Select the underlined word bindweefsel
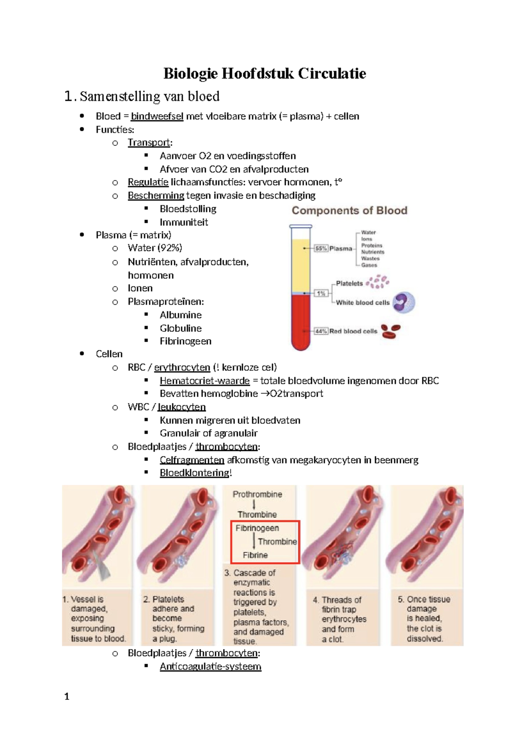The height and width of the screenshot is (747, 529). click(x=157, y=116)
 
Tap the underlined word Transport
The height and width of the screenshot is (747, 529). click(x=149, y=143)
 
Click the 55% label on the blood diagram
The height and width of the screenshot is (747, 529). click(x=321, y=248)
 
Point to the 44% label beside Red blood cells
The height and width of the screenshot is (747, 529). click(x=321, y=331)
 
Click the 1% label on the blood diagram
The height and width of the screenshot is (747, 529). click(x=321, y=293)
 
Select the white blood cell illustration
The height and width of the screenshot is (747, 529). click(x=403, y=303)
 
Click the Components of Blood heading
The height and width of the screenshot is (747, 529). click(x=349, y=211)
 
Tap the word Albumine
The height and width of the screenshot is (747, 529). click(x=181, y=315)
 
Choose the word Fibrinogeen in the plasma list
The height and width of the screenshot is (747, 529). click(x=186, y=341)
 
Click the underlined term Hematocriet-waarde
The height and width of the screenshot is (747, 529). click(x=205, y=381)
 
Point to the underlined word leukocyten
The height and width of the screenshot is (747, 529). click(x=182, y=407)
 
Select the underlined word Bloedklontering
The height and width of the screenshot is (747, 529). click(x=194, y=473)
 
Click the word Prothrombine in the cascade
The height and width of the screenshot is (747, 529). click(x=257, y=494)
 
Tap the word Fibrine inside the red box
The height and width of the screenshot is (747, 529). click(x=255, y=555)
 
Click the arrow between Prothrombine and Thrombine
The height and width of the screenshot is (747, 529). click(x=254, y=504)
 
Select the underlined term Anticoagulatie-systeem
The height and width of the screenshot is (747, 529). click(x=210, y=666)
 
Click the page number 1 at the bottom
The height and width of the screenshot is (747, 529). click(x=67, y=696)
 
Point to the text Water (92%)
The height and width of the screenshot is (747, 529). click(x=155, y=248)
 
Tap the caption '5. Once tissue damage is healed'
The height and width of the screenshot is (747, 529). click(x=424, y=618)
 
